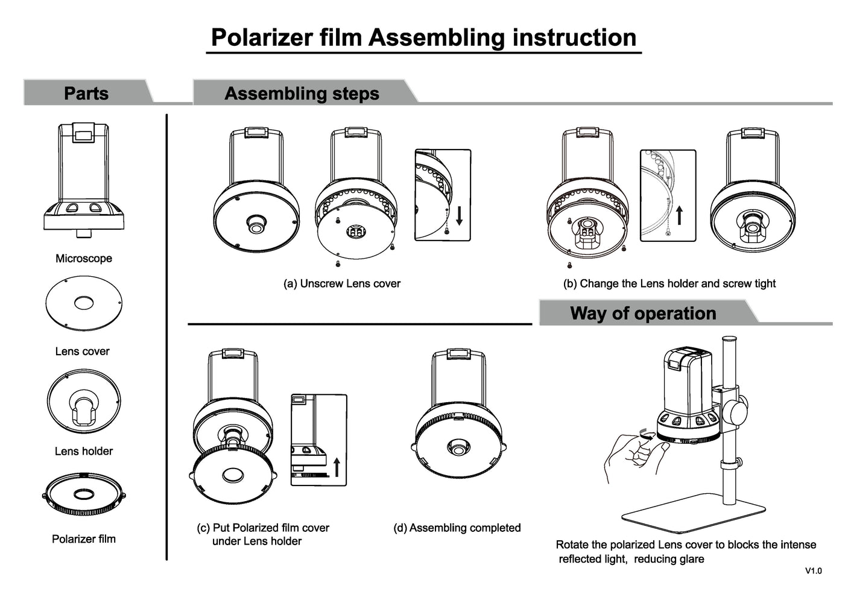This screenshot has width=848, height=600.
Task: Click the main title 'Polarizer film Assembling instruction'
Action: (x=423, y=37)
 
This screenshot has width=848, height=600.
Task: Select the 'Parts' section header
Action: (x=86, y=93)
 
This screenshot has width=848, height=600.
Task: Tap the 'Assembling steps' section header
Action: (x=302, y=93)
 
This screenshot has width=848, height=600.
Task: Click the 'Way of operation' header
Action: (x=643, y=314)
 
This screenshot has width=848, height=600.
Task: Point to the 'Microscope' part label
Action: (x=84, y=259)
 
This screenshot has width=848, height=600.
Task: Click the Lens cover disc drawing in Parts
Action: (x=84, y=303)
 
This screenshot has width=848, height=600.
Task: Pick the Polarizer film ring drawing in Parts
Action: (x=84, y=495)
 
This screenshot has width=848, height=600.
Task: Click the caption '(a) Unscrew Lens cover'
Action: (x=342, y=283)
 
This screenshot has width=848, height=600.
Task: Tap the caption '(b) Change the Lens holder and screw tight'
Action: (x=669, y=283)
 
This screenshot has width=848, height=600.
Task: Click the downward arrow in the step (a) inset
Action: (x=460, y=215)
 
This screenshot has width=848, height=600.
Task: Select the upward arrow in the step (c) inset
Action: (x=337, y=467)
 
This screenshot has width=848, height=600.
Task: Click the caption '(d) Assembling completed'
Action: (x=457, y=528)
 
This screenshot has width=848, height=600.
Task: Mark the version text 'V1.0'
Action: (x=813, y=571)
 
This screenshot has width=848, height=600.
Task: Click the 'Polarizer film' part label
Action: (x=84, y=539)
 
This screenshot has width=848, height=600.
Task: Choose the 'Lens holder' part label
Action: (x=84, y=451)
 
